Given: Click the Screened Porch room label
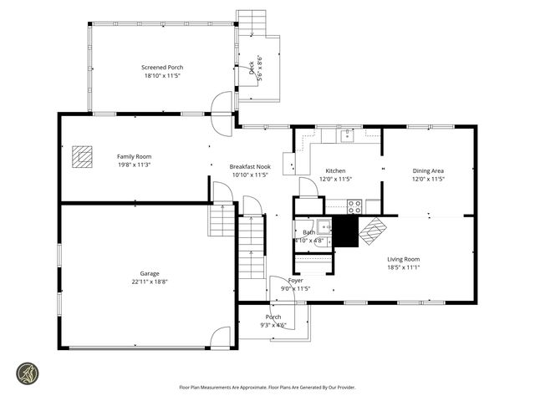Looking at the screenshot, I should [x=163, y=68].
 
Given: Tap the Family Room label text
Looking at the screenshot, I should [x=134, y=156].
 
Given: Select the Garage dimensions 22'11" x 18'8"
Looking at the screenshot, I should [x=150, y=282].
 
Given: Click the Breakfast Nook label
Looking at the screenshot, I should [x=250, y=167].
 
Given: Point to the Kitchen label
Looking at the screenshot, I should [x=335, y=170].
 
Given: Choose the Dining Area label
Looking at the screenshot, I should [x=428, y=170].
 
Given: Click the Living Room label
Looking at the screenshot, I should [x=403, y=259].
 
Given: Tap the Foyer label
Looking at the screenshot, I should [x=296, y=281].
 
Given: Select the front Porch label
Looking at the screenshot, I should [x=273, y=317].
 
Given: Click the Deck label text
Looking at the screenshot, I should [x=252, y=69].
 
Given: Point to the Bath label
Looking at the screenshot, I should [x=309, y=232].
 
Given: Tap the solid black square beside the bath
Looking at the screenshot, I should [x=344, y=231].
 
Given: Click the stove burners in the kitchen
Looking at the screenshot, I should [x=354, y=204].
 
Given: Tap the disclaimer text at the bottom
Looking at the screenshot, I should [x=267, y=387].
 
